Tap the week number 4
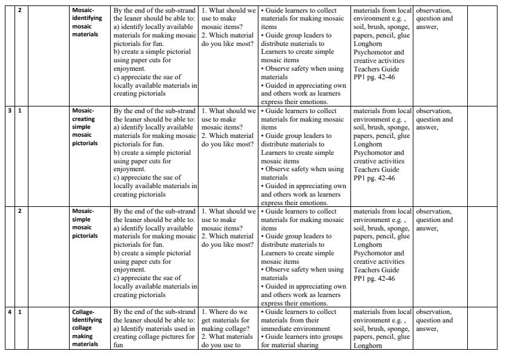(9, 312)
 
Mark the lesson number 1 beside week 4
(19, 312)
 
